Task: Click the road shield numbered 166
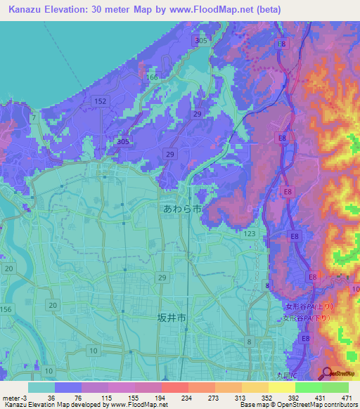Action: (152, 77)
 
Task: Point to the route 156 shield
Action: (6, 309)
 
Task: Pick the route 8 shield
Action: (249, 341)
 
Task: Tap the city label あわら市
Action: (182, 209)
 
